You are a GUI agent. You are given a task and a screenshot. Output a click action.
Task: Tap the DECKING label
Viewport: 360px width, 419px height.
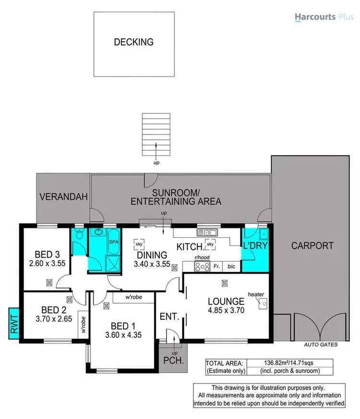tap(133, 42)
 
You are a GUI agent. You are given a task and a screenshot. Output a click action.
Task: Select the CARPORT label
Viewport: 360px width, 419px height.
tap(312, 246)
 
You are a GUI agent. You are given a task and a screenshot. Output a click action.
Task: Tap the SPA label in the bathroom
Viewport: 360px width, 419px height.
tap(114, 243)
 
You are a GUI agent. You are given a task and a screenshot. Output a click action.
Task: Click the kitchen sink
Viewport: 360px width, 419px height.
tap(207, 233)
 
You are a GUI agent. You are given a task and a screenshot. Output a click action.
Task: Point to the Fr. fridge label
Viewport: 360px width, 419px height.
tap(216, 265)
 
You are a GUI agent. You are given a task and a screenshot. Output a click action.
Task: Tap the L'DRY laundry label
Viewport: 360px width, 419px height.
tap(255, 246)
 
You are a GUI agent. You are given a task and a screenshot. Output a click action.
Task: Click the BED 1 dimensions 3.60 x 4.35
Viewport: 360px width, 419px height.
tap(123, 335)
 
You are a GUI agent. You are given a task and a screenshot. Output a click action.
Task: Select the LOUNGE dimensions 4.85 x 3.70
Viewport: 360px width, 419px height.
tap(226, 311)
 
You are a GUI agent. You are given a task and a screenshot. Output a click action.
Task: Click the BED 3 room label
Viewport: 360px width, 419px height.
tap(47, 254)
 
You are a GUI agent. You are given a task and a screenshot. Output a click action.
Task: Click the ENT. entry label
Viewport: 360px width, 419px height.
tap(170, 317)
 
